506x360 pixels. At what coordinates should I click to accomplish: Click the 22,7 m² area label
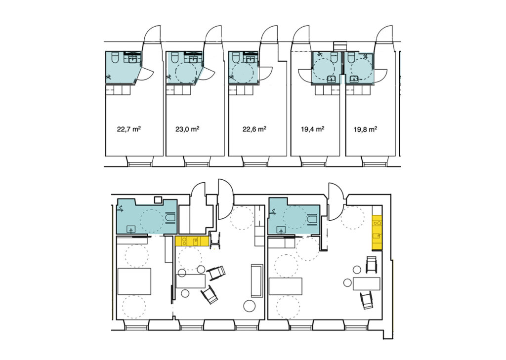pos(129,129)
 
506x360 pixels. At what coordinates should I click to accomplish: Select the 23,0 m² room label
pos(187,129)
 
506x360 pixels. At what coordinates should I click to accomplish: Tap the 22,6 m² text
pos(254,129)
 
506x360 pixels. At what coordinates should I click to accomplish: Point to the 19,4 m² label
pos(312,129)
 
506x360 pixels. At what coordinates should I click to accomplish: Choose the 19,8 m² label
pos(366,129)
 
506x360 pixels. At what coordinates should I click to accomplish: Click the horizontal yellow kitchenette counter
pos(192,241)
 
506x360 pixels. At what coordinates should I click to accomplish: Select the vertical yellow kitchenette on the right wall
pos(377,232)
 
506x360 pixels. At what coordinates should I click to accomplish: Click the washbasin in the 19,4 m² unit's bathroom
pos(331,79)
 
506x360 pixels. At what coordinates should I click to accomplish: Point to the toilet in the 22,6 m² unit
pos(235,57)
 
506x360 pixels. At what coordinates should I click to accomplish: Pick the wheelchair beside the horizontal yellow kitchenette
pos(215,240)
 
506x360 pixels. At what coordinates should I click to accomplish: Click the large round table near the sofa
pos(250,306)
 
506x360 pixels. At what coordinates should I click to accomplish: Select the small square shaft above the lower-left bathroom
pos(158,200)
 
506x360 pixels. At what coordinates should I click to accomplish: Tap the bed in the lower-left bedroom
pos(134,281)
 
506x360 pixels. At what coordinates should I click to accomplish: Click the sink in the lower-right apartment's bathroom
pos(282,230)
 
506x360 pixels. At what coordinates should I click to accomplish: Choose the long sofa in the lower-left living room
pos(257,280)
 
